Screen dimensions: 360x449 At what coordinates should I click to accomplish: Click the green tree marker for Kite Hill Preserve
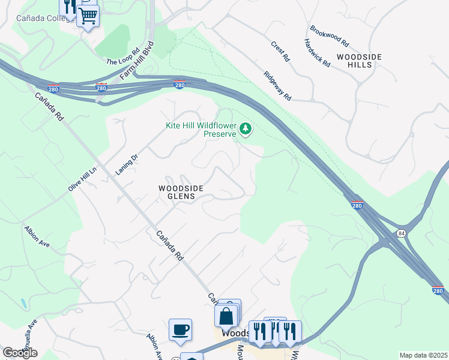(x=245, y=128)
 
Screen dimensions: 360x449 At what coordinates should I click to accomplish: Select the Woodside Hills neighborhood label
(x=359, y=60)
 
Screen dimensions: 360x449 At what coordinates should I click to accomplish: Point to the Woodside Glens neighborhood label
(x=181, y=192)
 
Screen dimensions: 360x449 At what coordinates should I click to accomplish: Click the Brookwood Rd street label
(x=330, y=36)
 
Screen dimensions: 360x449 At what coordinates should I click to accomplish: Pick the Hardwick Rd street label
(x=317, y=53)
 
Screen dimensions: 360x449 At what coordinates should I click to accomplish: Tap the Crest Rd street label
(x=280, y=52)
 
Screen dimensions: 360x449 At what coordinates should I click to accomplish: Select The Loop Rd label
(x=123, y=58)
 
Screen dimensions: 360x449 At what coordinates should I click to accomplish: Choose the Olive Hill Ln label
(x=82, y=179)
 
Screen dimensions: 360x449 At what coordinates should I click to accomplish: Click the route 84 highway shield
(x=400, y=232)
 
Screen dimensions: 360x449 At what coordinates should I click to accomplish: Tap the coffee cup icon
(x=180, y=330)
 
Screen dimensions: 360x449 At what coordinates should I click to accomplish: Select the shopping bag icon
(x=226, y=316)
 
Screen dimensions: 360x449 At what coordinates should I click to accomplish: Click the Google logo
(x=20, y=353)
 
